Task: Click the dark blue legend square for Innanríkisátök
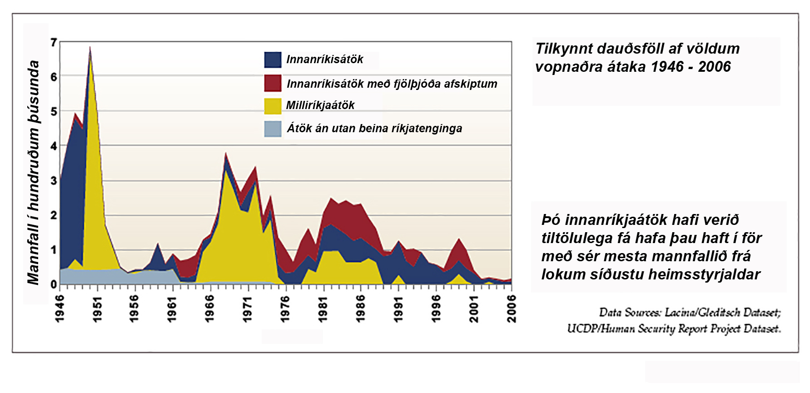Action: click(x=273, y=60)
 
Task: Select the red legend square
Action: click(x=273, y=83)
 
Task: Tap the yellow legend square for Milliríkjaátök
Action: click(x=273, y=105)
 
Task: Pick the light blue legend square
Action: click(x=273, y=129)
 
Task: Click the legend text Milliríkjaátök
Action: click(x=320, y=105)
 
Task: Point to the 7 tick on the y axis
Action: click(x=54, y=43)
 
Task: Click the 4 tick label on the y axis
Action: click(x=54, y=146)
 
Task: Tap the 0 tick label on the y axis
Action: click(x=54, y=284)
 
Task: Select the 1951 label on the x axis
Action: click(x=97, y=309)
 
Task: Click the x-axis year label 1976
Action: click(x=285, y=309)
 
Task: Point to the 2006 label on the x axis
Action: click(x=512, y=309)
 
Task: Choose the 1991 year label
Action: click(x=398, y=309)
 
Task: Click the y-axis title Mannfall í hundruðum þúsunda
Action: click(x=33, y=173)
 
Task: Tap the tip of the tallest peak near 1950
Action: click(x=90, y=47)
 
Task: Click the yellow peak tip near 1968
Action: click(x=225, y=171)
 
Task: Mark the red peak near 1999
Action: click(x=459, y=239)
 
